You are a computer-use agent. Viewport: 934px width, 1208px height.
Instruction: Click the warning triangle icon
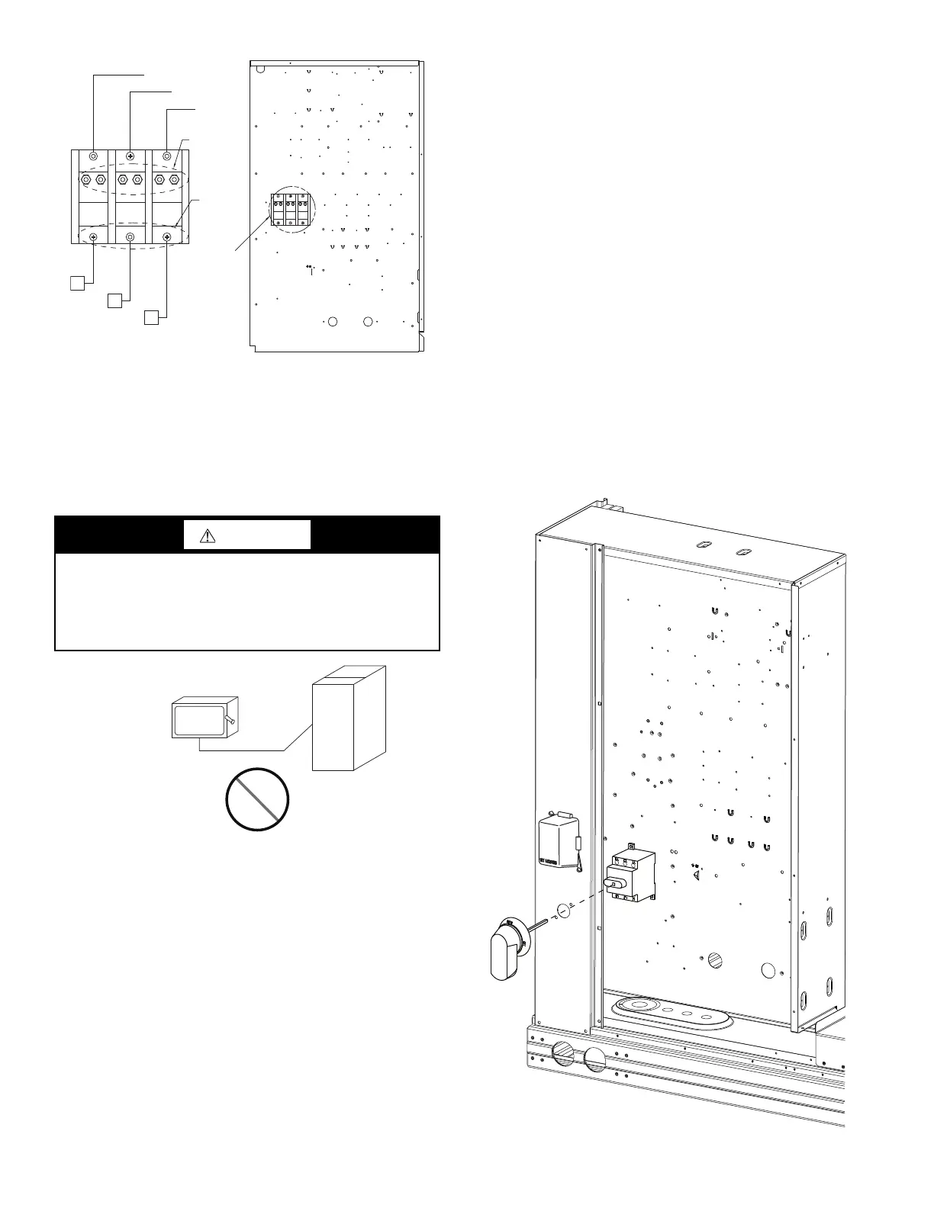208,535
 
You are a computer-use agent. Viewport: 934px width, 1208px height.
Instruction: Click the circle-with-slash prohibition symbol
257,799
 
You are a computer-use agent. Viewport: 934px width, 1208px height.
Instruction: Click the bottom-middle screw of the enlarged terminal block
130,237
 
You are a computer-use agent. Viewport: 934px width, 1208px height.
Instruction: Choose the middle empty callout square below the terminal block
114,300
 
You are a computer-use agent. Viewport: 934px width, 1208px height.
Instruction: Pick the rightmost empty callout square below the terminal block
151,316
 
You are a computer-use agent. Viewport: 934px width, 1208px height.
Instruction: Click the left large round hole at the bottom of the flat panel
332,322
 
